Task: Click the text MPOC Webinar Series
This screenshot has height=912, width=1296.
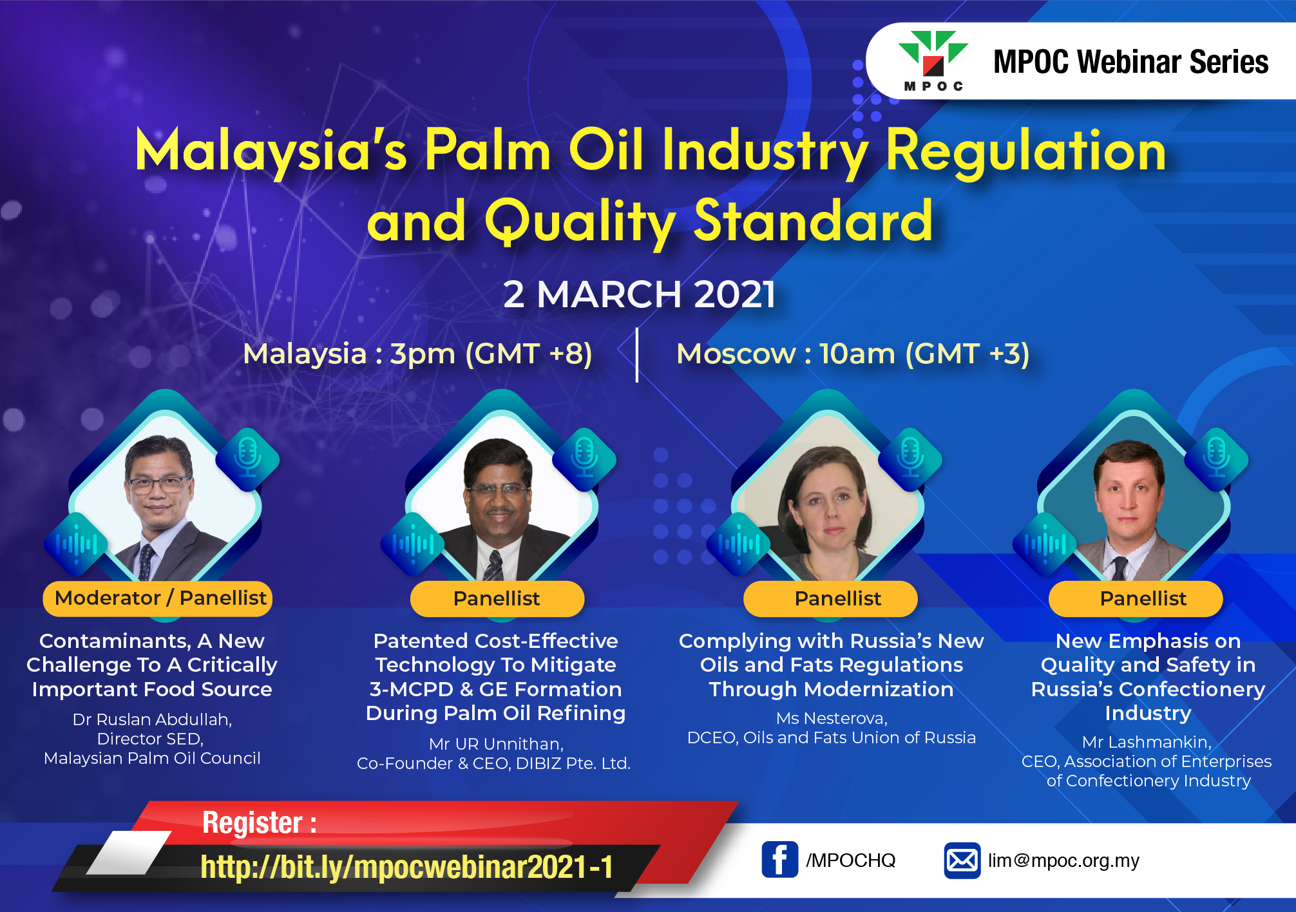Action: click(1130, 62)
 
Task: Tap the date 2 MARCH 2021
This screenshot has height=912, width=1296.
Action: click(639, 294)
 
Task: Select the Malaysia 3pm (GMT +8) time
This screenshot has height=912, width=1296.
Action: click(417, 354)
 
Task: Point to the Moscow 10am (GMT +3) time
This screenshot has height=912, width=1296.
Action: click(853, 354)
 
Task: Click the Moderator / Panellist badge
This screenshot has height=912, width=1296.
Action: click(158, 598)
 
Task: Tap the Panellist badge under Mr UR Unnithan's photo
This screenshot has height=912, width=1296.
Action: click(497, 598)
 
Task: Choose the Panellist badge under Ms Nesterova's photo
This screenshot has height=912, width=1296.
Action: click(830, 598)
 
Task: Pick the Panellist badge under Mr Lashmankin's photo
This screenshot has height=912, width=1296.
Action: click(1136, 598)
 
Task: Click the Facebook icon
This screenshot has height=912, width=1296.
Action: click(779, 860)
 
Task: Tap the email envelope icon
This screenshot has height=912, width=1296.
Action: click(962, 860)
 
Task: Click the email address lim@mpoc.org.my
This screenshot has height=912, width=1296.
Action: click(1063, 860)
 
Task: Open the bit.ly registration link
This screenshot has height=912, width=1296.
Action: click(406, 867)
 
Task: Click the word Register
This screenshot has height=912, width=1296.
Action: click(253, 822)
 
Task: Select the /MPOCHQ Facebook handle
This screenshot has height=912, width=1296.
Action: click(850, 860)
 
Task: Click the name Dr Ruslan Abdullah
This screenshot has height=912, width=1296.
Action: click(152, 719)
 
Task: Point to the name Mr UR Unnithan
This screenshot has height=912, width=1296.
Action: click(497, 744)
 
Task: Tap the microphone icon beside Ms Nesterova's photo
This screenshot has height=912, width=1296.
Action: click(910, 459)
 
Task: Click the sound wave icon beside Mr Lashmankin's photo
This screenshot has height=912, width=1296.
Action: click(1045, 544)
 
